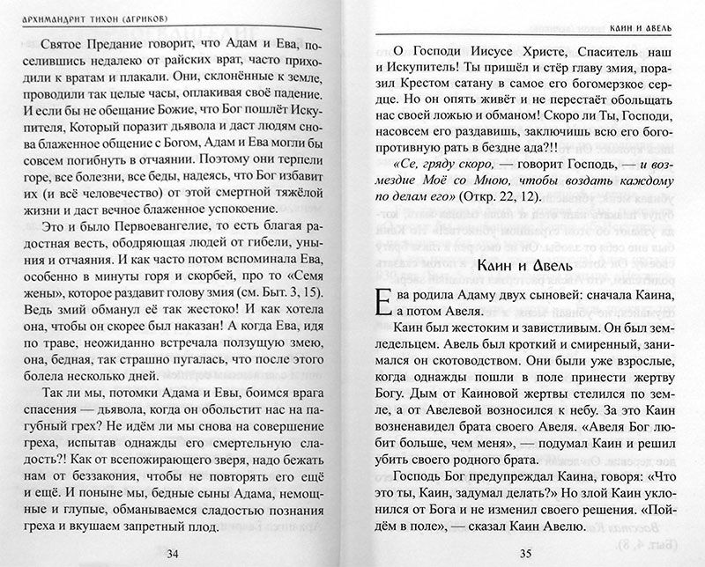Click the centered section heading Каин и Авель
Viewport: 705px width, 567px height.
pyautogui.click(x=525, y=267)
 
